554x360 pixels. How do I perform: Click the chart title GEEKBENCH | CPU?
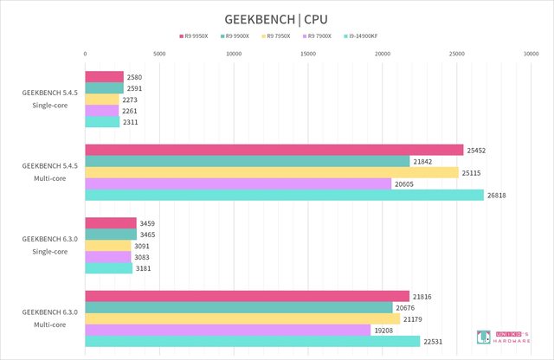tap(276, 18)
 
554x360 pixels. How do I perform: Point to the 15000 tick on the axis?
tap(308, 54)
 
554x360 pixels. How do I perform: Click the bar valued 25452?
tap(274, 150)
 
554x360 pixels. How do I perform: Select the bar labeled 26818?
tap(284, 195)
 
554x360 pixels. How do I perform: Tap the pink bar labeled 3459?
tap(111, 223)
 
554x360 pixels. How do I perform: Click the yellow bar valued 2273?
tap(102, 100)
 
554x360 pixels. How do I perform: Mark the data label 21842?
tap(423, 161)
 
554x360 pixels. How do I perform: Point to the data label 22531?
tap(434, 342)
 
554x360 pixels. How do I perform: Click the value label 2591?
tap(134, 88)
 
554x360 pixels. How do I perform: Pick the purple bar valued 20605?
tap(238, 183)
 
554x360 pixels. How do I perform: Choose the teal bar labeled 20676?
tap(239, 307)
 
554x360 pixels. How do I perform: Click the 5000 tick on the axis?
tap(159, 54)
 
